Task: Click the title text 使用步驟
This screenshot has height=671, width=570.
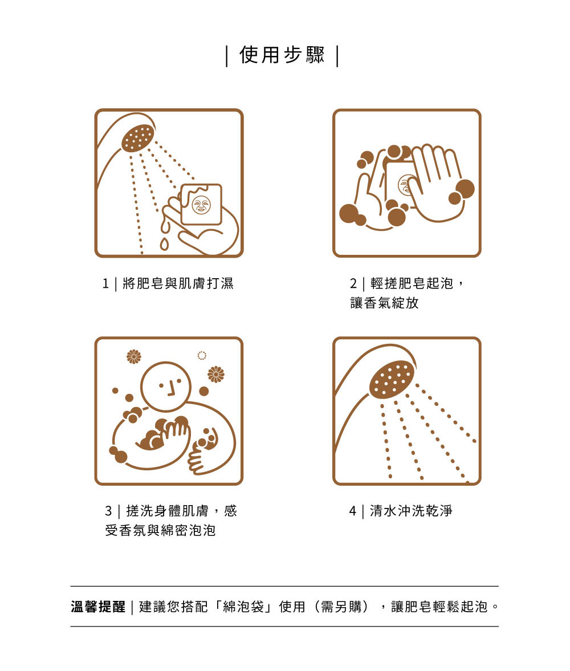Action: point(282,55)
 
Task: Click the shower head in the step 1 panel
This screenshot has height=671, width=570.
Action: point(137,138)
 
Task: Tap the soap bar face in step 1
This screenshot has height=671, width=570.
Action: point(201,205)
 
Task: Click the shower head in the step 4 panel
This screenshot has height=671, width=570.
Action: point(392,379)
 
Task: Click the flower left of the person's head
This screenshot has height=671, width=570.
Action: point(134,356)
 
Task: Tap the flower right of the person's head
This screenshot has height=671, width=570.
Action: point(215,375)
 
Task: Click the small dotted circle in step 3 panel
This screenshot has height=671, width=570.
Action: point(202,355)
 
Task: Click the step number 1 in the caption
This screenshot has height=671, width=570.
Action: point(105,283)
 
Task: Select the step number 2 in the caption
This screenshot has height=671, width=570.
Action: point(353,283)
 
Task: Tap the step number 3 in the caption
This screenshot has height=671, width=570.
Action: point(109,511)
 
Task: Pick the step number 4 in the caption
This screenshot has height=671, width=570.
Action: point(353,511)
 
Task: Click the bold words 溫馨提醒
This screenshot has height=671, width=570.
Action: point(98,607)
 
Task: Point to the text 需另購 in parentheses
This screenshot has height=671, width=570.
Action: point(341,607)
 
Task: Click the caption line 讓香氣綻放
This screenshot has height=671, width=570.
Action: point(384,303)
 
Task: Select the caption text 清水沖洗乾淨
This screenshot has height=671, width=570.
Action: point(411,511)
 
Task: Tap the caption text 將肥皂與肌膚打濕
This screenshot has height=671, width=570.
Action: point(178,283)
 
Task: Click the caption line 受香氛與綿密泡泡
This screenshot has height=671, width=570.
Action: point(161,530)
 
